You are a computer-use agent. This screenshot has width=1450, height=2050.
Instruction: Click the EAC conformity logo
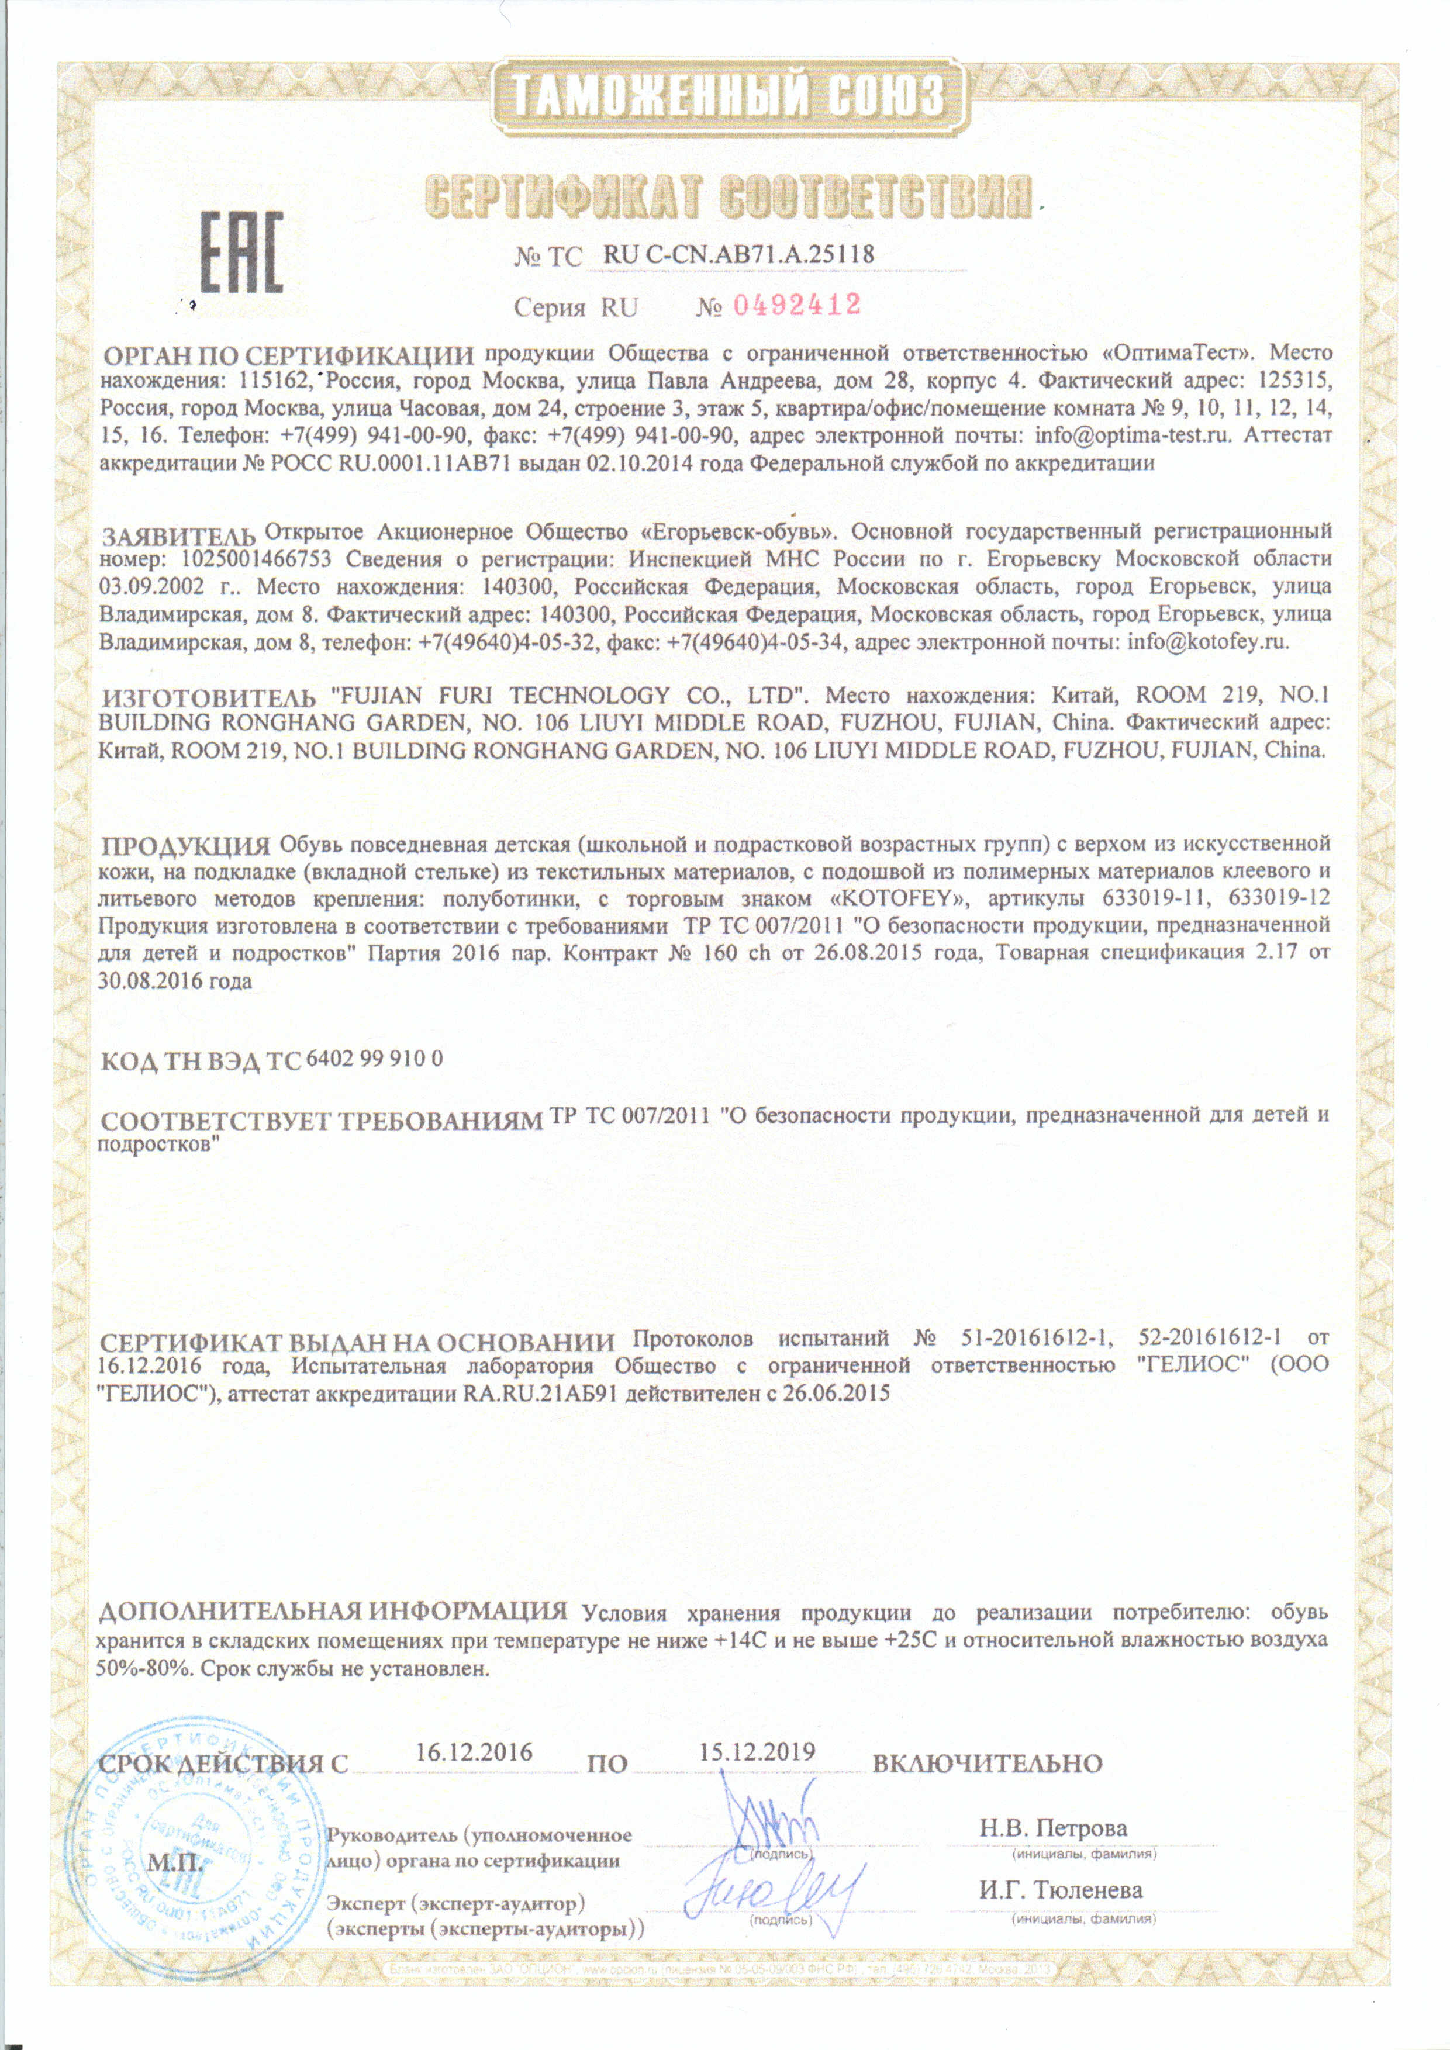[x=239, y=252]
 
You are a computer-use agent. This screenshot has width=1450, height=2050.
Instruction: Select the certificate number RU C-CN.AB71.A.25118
[x=738, y=254]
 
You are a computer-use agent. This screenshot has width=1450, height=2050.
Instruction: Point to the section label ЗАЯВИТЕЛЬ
[x=178, y=537]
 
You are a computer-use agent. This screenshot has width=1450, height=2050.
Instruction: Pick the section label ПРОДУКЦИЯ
[x=184, y=845]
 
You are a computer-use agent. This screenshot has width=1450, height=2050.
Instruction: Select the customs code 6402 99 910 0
[x=374, y=1059]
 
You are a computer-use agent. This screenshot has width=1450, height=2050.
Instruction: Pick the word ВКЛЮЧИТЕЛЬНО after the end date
[x=986, y=1764]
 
